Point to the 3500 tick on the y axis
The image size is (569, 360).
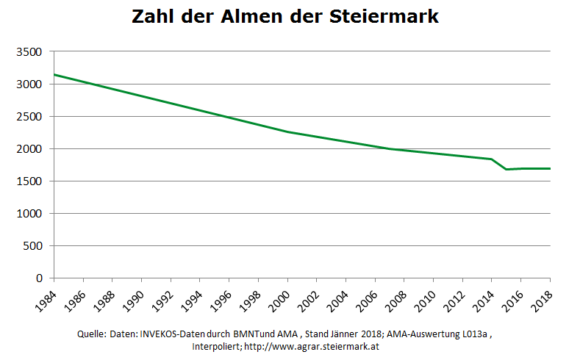click(29, 52)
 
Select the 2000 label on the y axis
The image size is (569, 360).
click(29, 149)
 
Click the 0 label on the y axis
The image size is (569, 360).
click(41, 278)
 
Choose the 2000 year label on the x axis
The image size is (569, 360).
click(279, 298)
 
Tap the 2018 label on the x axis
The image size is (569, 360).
click(542, 298)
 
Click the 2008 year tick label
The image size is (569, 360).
click(396, 298)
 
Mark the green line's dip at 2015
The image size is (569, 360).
click(506, 170)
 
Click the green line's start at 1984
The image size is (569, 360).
click(54, 75)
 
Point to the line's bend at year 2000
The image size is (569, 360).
click(287, 132)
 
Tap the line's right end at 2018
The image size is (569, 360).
click(550, 168)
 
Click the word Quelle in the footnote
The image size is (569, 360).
click(91, 334)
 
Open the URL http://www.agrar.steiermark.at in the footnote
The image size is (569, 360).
click(317, 346)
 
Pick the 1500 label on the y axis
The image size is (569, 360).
click(29, 181)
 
